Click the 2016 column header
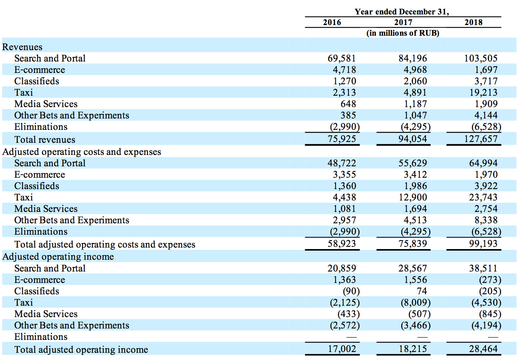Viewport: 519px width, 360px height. pyautogui.click(x=332, y=22)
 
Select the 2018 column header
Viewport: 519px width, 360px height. pyautogui.click(x=473, y=22)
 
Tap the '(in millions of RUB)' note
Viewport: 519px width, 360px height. pyautogui.click(x=403, y=33)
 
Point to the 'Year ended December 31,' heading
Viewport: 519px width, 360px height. pyautogui.click(x=402, y=11)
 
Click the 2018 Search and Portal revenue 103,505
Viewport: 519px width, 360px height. pyautogui.click(x=481, y=58)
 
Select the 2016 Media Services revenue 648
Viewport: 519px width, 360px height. pyautogui.click(x=348, y=104)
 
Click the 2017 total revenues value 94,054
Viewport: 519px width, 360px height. pyautogui.click(x=413, y=139)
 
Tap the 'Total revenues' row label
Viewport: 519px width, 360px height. pyautogui.click(x=45, y=139)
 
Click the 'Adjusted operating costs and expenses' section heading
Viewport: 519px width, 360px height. pyautogui.click(x=82, y=152)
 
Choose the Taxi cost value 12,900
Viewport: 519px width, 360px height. pyautogui.click(x=413, y=197)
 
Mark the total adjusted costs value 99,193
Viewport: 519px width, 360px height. pyautogui.click(x=483, y=243)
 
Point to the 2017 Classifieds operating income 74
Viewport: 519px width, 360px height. pyautogui.click(x=422, y=291)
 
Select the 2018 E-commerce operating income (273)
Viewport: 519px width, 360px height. pyautogui.click(x=490, y=279)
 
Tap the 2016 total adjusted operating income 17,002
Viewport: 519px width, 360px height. pyautogui.click(x=342, y=349)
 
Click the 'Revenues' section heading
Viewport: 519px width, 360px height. pyautogui.click(x=22, y=47)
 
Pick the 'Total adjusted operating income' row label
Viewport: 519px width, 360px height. pyautogui.click(x=81, y=350)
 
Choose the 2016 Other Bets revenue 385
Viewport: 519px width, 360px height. pyautogui.click(x=348, y=115)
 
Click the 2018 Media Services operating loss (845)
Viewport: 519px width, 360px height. pyautogui.click(x=490, y=314)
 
